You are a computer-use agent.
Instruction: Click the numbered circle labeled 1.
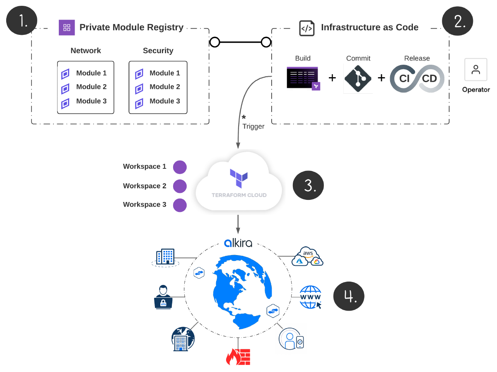tap(22, 20)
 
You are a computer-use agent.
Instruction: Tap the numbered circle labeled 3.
tap(308, 185)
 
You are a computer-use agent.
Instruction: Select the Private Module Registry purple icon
tap(67, 27)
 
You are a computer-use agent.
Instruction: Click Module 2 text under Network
tap(91, 87)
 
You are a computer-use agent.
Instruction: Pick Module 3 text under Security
tap(164, 101)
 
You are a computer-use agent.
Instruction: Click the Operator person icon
tap(476, 70)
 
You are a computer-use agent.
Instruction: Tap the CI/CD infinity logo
tap(417, 78)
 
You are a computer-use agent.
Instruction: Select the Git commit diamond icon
tap(358, 79)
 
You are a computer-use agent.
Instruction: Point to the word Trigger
tap(253, 126)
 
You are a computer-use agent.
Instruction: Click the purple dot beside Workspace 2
tap(180, 186)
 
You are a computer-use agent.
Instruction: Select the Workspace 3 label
tap(145, 204)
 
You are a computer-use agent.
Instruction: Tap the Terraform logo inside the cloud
tap(239, 178)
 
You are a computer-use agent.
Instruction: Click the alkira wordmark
tap(238, 243)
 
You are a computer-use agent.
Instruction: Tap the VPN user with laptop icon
tap(163, 297)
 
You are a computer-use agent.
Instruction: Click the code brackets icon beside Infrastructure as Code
tap(306, 28)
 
